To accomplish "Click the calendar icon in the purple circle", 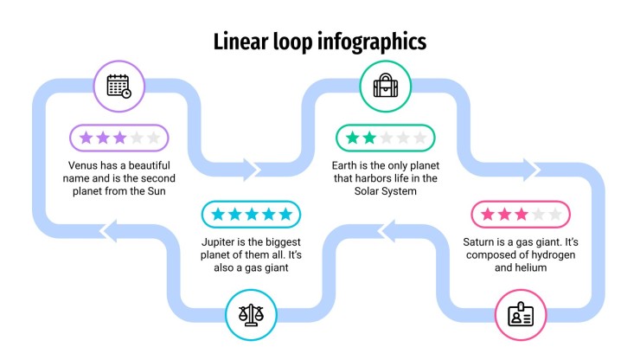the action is point(118,87).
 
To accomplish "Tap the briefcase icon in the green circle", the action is point(386,86).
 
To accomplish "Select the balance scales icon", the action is point(251,315).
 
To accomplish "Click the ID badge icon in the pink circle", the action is point(521,315).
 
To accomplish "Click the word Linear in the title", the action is point(240,42).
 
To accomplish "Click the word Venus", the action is point(83,165).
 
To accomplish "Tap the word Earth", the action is point(344,165).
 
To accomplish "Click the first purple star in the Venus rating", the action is point(86,138).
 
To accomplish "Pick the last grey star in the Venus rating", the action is point(153,138).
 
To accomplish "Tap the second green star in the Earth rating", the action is point(369,138).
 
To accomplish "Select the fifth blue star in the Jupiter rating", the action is point(285,214).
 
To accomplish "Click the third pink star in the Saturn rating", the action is point(522,214).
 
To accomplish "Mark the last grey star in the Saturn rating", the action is point(555,214).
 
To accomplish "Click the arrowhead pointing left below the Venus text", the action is point(109,231).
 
